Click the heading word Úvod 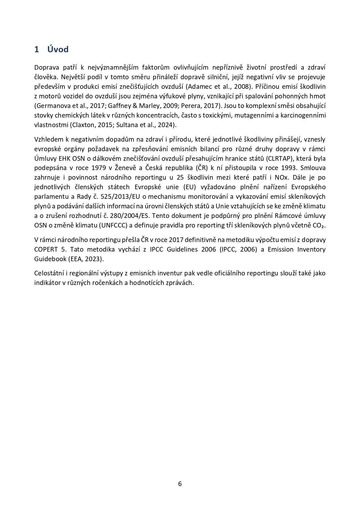[58, 49]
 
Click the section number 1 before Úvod [37, 49]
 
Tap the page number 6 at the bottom [180, 484]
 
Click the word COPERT [46, 250]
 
